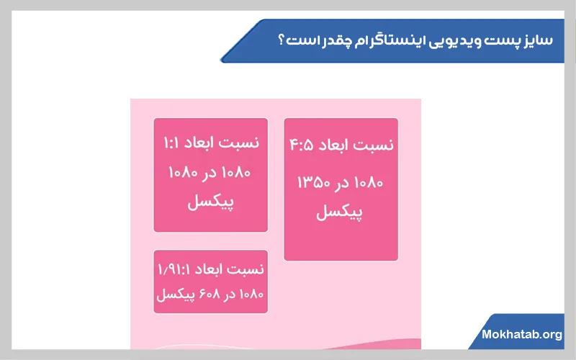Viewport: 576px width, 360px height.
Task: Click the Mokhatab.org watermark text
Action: click(522, 335)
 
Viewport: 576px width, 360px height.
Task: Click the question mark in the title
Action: click(281, 40)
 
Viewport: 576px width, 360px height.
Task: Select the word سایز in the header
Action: click(536, 40)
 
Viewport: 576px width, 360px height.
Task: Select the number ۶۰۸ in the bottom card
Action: click(205, 294)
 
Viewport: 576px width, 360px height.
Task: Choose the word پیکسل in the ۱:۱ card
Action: click(210, 203)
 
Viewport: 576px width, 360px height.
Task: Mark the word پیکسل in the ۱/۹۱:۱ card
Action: click(174, 294)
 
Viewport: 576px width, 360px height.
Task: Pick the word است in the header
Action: click(302, 40)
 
